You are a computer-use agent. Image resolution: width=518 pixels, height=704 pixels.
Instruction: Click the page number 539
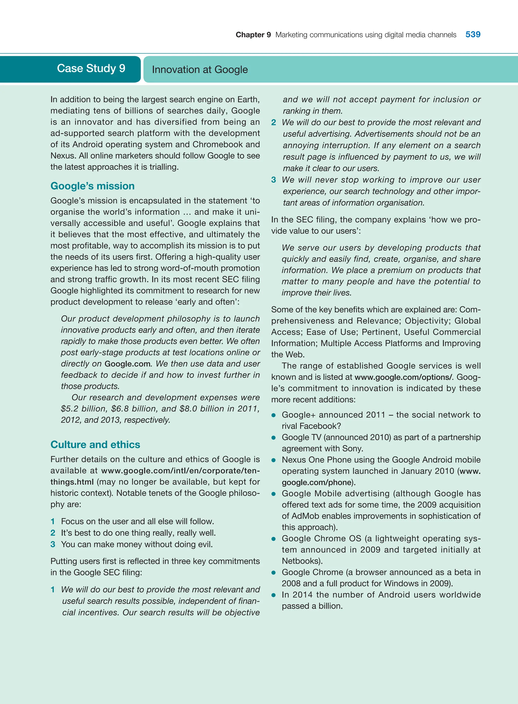pyautogui.click(x=472, y=34)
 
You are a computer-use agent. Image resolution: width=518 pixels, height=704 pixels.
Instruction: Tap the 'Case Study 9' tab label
pyautogui.click(x=91, y=68)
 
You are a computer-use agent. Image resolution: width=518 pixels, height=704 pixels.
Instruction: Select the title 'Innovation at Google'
pyautogui.click(x=200, y=70)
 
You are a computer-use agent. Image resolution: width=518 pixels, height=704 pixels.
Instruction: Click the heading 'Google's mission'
pyautogui.click(x=93, y=186)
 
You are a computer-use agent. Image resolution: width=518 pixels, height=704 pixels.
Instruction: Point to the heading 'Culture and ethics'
pyautogui.click(x=95, y=444)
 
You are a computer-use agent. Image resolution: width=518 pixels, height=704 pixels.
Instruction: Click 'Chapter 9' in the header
pyautogui.click(x=253, y=35)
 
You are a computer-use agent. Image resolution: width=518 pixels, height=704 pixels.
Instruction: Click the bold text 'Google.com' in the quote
pyautogui.click(x=127, y=364)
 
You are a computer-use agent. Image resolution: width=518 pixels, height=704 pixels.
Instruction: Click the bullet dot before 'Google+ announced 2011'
pyautogui.click(x=274, y=415)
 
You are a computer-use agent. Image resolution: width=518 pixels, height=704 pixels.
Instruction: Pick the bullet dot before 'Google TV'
pyautogui.click(x=274, y=438)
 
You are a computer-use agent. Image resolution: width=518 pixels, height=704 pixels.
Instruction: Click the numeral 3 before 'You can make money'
pyautogui.click(x=53, y=544)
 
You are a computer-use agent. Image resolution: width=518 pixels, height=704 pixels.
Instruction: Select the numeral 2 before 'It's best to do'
pyautogui.click(x=53, y=533)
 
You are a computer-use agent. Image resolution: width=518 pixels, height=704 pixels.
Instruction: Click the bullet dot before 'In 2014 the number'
pyautogui.click(x=274, y=595)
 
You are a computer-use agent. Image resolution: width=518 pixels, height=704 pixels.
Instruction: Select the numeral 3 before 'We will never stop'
pyautogui.click(x=274, y=180)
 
